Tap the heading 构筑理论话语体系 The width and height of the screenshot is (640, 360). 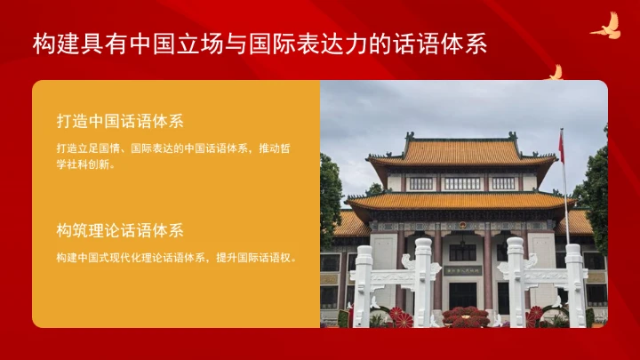click(119, 231)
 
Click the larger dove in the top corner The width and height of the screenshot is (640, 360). click(606, 27)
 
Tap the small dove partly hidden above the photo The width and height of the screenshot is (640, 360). click(556, 73)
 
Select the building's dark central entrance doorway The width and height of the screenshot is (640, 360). click(462, 293)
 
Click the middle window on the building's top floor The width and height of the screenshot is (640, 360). click(461, 183)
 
